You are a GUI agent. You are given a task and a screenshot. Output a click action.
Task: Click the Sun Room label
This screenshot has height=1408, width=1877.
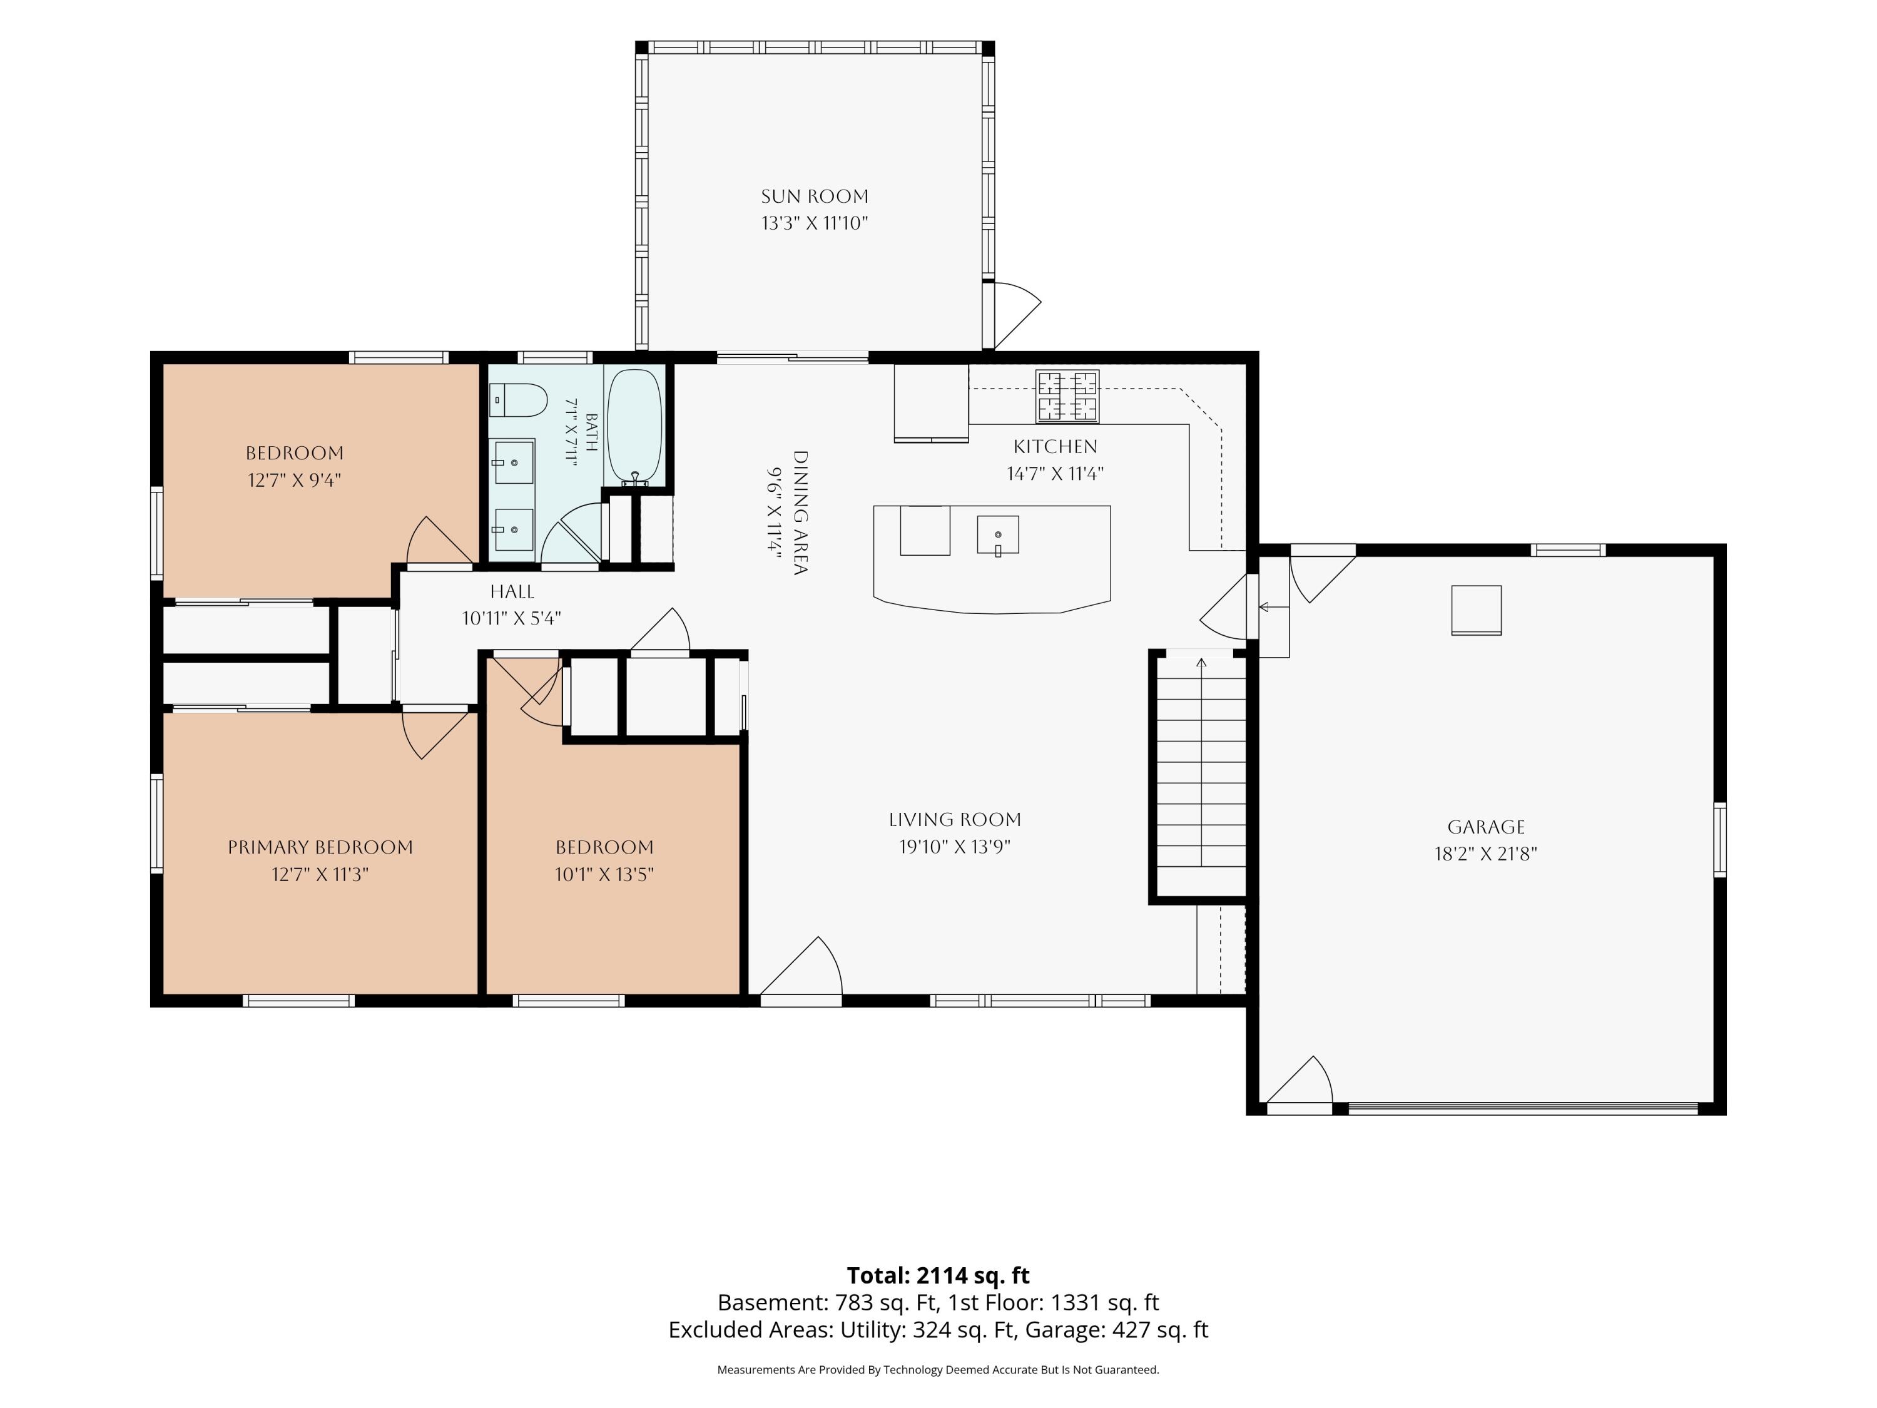[x=815, y=196]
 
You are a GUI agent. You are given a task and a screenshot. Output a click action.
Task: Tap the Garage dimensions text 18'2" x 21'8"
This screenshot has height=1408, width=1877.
[x=1486, y=854]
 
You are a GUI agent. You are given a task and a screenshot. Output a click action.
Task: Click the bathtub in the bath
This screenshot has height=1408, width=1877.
[x=634, y=426]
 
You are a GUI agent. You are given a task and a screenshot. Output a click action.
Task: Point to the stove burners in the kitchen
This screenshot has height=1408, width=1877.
[x=1067, y=396]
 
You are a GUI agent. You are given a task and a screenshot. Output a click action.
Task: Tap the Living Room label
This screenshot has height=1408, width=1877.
[x=955, y=820]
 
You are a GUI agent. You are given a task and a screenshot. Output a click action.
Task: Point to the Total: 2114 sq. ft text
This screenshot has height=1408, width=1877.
[x=938, y=1275]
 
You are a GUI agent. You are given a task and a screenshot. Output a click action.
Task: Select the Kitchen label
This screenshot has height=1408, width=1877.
[x=1055, y=446]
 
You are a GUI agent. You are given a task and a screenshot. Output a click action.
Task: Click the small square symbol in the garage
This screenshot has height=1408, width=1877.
[x=1477, y=610]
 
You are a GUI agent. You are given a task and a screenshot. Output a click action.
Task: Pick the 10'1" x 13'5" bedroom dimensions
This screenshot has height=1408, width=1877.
[x=604, y=874]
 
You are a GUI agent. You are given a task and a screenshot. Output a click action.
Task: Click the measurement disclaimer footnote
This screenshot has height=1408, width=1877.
[x=938, y=1369]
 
